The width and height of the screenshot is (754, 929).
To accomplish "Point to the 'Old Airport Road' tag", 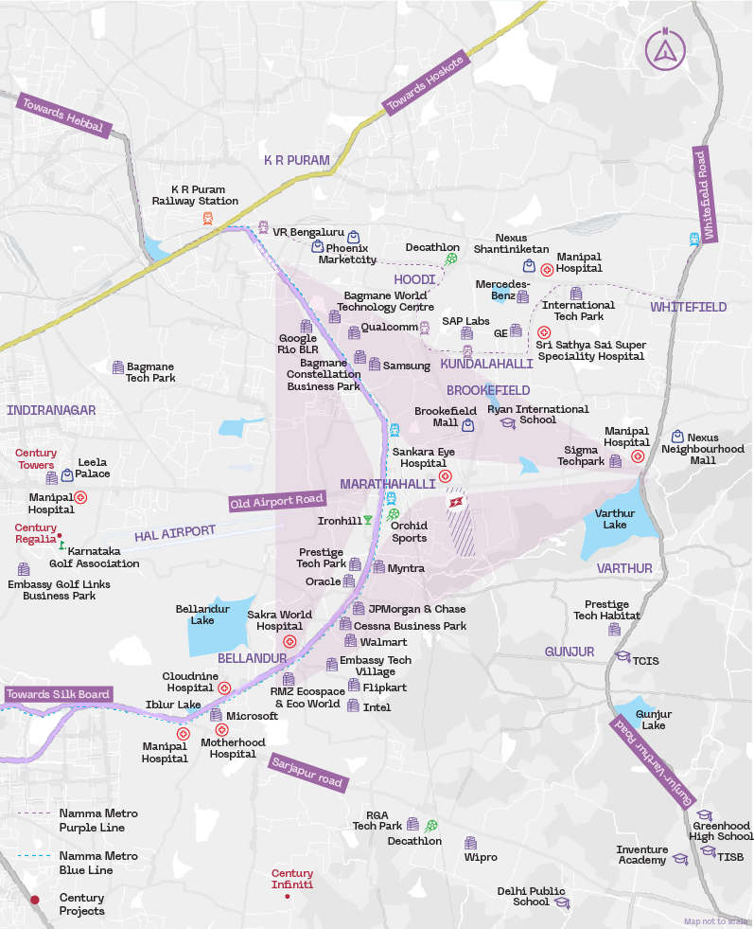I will (x=277, y=501).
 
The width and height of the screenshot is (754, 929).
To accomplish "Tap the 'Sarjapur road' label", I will (x=307, y=772).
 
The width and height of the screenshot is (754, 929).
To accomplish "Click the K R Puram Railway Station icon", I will (x=207, y=218).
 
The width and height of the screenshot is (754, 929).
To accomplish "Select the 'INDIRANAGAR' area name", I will (x=51, y=410).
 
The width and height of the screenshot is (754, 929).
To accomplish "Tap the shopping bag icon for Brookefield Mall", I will (x=467, y=425).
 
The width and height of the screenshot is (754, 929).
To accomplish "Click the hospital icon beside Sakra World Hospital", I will (x=289, y=641).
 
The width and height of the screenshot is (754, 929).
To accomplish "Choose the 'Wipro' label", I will (x=481, y=857).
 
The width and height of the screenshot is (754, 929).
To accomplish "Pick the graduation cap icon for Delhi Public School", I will (x=562, y=902).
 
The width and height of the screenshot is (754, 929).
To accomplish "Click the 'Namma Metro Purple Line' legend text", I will (x=98, y=820).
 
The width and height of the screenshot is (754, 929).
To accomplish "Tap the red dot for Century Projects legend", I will (x=35, y=901).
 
